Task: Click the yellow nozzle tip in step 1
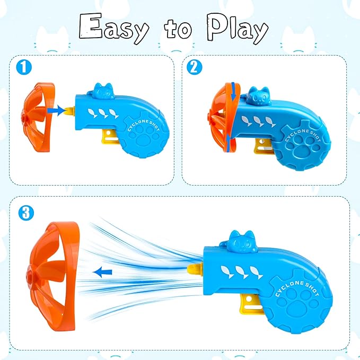click(69, 110)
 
